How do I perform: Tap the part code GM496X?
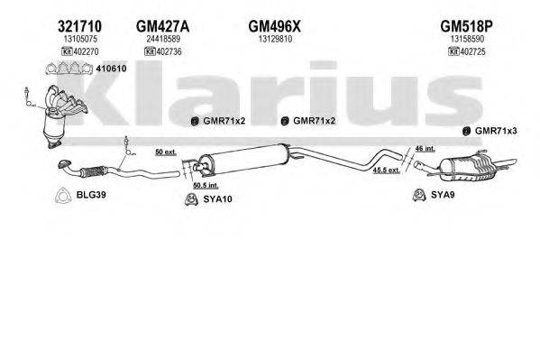(x=273, y=26)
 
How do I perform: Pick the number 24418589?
(x=151, y=40)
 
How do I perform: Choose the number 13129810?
(x=273, y=40)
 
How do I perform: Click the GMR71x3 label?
(x=498, y=131)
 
